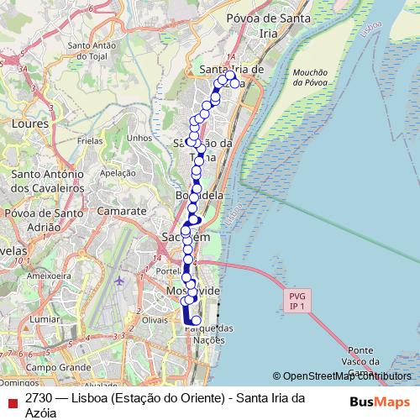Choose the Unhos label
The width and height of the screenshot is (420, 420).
pyautogui.click(x=138, y=138)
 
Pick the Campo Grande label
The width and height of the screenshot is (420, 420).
pyautogui.click(x=57, y=368)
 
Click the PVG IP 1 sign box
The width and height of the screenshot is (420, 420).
pyautogui.click(x=296, y=302)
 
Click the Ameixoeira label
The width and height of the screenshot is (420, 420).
pyautogui.click(x=47, y=275)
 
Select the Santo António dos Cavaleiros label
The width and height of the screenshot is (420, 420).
pyautogui.click(x=48, y=181)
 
